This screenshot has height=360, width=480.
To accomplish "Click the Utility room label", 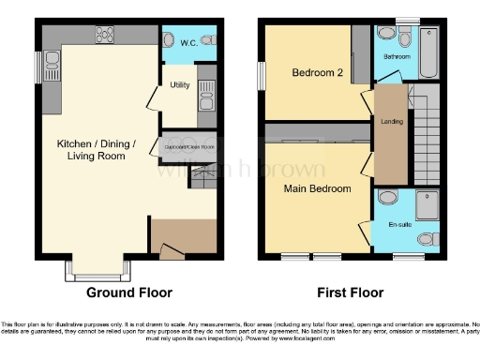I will click(180, 85).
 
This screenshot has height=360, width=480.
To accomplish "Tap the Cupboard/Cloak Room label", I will click(190, 147).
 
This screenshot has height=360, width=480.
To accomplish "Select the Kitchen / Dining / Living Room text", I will click(97, 149).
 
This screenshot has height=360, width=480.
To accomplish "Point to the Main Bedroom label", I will click(318, 188).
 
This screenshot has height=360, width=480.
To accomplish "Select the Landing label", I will click(390, 121).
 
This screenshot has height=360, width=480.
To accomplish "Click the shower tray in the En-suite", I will click(426, 202).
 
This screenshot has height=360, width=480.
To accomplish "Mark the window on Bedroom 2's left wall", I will click(262, 75).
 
